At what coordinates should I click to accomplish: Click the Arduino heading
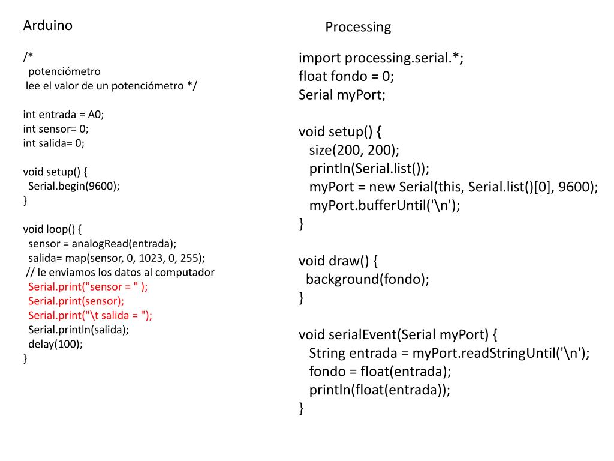click(x=47, y=26)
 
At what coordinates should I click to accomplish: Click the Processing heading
click(x=358, y=27)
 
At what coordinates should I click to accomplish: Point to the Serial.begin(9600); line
click(x=74, y=185)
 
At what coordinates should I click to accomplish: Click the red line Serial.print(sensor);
click(x=76, y=301)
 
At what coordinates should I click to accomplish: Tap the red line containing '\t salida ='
click(x=90, y=315)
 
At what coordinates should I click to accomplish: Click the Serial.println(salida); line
click(x=79, y=330)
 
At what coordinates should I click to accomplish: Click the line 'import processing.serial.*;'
click(x=381, y=58)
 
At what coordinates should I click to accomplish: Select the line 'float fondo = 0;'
click(x=346, y=76)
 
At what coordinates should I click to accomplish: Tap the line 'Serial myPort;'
click(x=342, y=95)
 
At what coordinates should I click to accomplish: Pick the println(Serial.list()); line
click(x=369, y=168)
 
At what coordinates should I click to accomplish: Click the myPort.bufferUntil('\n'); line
click(x=384, y=205)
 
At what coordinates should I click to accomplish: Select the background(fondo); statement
click(x=368, y=279)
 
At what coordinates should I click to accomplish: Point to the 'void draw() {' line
click(x=338, y=261)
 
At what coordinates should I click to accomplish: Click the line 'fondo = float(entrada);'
click(x=380, y=370)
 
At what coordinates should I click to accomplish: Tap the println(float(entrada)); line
click(x=380, y=390)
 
